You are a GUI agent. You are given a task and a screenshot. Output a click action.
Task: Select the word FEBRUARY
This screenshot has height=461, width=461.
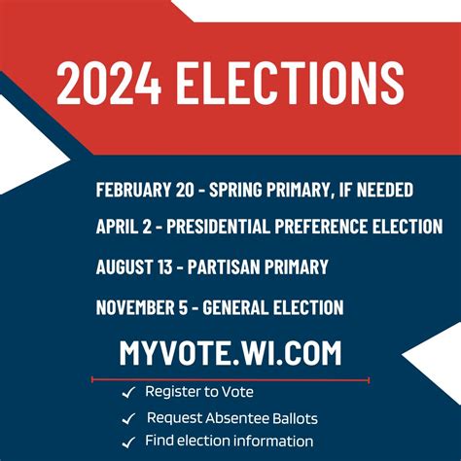(x=133, y=190)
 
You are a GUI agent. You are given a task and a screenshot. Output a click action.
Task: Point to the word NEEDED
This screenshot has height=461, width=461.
(x=385, y=190)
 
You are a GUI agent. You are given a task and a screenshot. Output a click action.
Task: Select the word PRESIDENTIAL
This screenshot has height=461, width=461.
(x=218, y=226)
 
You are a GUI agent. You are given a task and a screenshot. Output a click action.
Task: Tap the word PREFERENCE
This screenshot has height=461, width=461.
(x=321, y=226)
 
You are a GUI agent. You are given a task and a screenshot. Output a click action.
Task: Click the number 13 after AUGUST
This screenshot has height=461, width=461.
(x=165, y=266)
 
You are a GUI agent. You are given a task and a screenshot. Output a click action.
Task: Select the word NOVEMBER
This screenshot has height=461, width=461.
(x=135, y=307)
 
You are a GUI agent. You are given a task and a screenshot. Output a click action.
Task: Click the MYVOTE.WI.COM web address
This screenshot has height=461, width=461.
(x=230, y=353)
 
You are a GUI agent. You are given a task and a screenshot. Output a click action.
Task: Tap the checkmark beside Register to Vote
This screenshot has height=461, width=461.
(x=128, y=392)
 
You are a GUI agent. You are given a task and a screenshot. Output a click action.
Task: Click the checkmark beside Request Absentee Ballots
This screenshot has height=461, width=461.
(x=128, y=418)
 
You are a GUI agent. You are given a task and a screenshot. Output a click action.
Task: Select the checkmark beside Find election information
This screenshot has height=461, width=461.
(x=128, y=443)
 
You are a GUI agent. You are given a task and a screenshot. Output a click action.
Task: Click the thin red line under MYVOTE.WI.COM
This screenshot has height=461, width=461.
(x=230, y=379)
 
